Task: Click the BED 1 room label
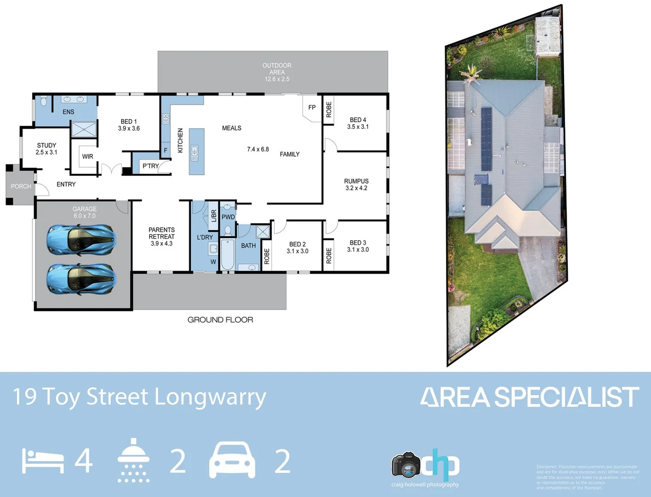[129, 121]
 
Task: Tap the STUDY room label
[46, 145]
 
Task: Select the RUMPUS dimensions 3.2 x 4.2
[356, 188]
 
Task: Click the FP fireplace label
[312, 108]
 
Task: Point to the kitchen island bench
[196, 151]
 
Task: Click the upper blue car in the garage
[81, 239]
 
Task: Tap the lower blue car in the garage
[81, 278]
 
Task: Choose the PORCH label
[21, 186]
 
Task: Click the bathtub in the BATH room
[227, 254]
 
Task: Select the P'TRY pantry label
[150, 166]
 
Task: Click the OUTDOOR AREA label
[277, 69]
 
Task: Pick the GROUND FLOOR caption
[220, 320]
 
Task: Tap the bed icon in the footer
[43, 462]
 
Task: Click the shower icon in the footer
[133, 460]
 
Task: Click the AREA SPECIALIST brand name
[530, 397]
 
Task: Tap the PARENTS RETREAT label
[161, 233]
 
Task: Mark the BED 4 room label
[358, 120]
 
